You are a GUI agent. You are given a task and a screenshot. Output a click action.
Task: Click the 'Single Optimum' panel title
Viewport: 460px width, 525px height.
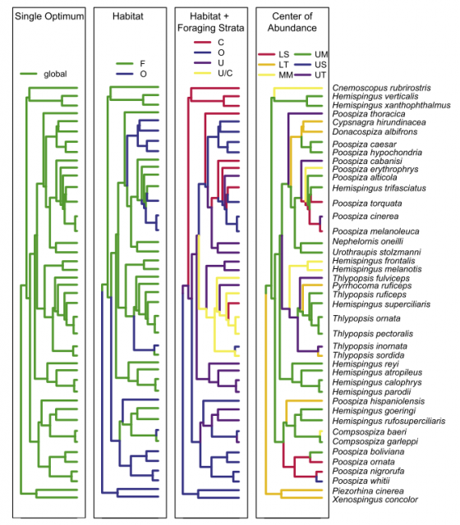click(49, 16)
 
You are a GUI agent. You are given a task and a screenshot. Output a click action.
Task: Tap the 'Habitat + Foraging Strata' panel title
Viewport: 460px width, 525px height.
click(211, 22)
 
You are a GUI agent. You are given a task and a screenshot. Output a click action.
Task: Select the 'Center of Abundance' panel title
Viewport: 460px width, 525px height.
click(292, 22)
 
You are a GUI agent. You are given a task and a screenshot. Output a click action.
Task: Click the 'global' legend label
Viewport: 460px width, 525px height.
click(55, 74)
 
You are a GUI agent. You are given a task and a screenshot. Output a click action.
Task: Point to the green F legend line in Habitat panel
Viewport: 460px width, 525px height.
click(124, 63)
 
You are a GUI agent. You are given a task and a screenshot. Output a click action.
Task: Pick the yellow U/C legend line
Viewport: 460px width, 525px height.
click(203, 73)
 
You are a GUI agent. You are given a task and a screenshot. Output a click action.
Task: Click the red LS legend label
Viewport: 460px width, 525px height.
click(283, 54)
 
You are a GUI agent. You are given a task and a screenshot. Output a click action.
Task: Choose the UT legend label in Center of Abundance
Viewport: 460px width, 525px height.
click(320, 75)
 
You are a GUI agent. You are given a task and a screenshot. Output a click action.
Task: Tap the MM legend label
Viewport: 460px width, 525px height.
click(286, 75)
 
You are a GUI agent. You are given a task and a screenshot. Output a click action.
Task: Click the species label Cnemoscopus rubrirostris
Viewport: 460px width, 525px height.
click(381, 88)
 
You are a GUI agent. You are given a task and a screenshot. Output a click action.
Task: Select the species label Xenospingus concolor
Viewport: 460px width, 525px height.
click(375, 500)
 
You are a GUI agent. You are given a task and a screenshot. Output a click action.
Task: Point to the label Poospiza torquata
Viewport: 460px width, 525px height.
click(367, 203)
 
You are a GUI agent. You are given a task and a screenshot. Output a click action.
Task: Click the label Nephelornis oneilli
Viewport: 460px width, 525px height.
click(368, 241)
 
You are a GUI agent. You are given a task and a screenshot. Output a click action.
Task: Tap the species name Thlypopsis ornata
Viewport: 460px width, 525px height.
click(366, 318)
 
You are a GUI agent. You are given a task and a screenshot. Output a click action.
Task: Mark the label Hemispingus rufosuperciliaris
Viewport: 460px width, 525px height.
click(389, 421)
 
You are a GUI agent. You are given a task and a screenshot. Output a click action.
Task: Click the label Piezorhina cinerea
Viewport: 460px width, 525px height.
click(368, 491)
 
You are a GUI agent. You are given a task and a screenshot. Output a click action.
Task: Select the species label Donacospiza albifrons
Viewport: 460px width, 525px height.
click(375, 131)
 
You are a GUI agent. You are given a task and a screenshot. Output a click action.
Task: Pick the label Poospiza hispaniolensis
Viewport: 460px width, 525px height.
click(379, 401)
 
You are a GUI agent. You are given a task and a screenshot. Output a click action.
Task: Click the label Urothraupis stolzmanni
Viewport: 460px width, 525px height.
click(376, 252)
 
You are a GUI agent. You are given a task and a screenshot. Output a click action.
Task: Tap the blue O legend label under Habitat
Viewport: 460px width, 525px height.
click(143, 74)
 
